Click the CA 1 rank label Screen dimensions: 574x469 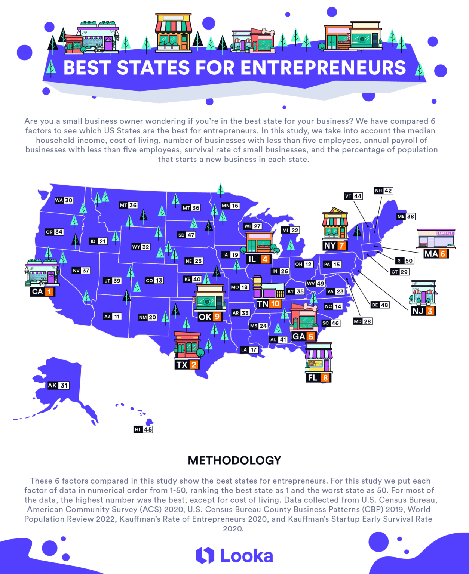point(43,291)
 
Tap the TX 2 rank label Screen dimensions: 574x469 point(187,364)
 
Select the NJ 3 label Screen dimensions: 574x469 point(424,311)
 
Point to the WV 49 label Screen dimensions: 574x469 point(315,283)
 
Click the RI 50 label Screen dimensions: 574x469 point(405,261)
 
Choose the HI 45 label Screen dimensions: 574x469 point(143,429)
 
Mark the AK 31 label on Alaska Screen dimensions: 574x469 point(58,385)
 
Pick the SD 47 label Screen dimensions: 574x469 point(186,235)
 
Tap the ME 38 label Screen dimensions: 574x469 point(406,216)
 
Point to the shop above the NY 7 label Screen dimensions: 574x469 point(335,224)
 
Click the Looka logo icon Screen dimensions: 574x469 point(205,555)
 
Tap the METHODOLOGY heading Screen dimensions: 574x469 point(235,460)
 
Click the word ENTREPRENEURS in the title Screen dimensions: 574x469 point(323,68)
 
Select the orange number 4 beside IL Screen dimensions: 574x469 point(265,259)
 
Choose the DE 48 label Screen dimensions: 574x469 point(380,305)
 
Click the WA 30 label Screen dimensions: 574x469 point(64,200)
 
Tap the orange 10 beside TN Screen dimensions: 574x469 point(275,304)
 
